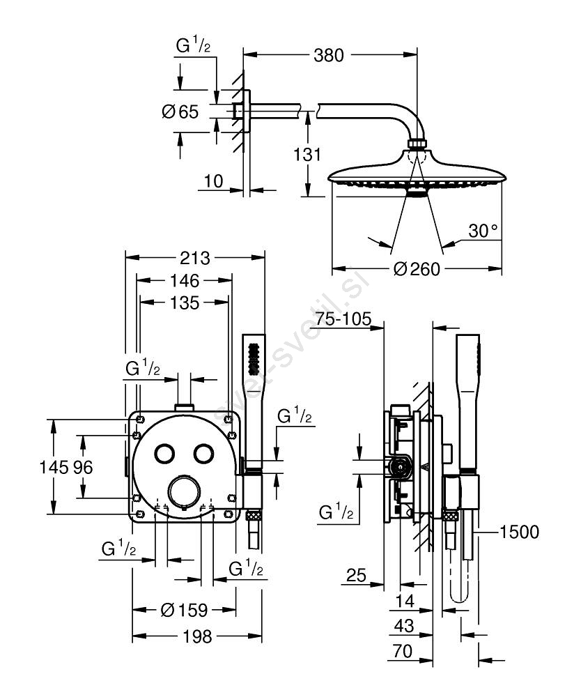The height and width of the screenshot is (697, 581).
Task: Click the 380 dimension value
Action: coord(329,54)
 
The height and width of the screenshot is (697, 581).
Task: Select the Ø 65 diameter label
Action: coord(180,112)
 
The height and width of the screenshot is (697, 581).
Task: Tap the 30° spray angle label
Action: coord(483,231)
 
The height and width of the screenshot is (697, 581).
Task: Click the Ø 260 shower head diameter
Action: coord(417,269)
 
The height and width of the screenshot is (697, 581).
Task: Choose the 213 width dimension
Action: coord(194,258)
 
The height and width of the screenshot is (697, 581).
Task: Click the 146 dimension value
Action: coord(183,281)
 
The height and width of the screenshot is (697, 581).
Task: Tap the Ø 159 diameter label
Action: coord(184,611)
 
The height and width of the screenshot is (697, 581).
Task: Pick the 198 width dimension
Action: coord(197,636)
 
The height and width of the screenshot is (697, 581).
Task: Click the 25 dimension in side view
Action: coord(356,576)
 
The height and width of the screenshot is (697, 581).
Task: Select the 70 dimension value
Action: coord(402,652)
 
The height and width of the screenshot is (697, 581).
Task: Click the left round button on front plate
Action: coord(166,453)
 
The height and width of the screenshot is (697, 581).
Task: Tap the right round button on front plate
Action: coord(204,453)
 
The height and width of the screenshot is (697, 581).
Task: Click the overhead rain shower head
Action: coord(416,174)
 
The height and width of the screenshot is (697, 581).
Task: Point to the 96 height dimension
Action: coord(83,467)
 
